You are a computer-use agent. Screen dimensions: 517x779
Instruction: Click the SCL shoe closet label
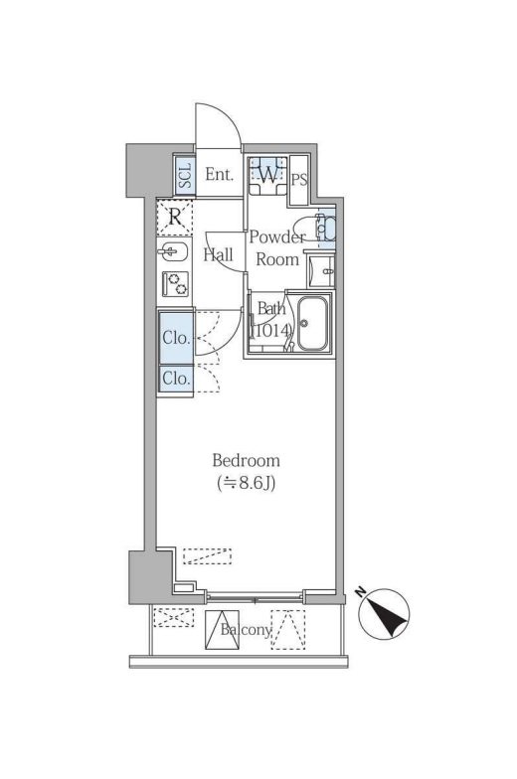tap(185, 175)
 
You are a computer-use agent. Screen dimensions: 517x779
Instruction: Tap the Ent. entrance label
tap(219, 175)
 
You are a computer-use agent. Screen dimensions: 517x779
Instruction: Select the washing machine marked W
tap(268, 175)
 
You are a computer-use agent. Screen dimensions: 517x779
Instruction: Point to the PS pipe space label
tap(299, 180)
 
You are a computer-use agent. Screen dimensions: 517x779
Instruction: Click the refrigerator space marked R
tap(174, 217)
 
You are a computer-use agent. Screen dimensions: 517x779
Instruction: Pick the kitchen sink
tap(173, 252)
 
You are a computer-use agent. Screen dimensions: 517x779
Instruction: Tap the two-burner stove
tap(175, 284)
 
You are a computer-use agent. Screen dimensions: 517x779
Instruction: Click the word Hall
tap(218, 254)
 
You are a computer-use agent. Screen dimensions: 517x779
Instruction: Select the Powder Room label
tap(276, 248)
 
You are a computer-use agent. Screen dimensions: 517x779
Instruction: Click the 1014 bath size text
tap(270, 331)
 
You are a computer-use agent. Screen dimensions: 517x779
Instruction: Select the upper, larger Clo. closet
tap(176, 338)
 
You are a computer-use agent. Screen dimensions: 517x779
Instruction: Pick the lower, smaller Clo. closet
tap(176, 380)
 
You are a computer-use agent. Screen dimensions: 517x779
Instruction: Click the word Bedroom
tap(247, 461)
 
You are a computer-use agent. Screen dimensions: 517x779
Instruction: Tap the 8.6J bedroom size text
tap(247, 483)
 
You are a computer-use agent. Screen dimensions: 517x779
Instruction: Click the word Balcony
tap(247, 631)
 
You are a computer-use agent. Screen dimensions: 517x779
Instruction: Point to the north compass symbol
tap(384, 614)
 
